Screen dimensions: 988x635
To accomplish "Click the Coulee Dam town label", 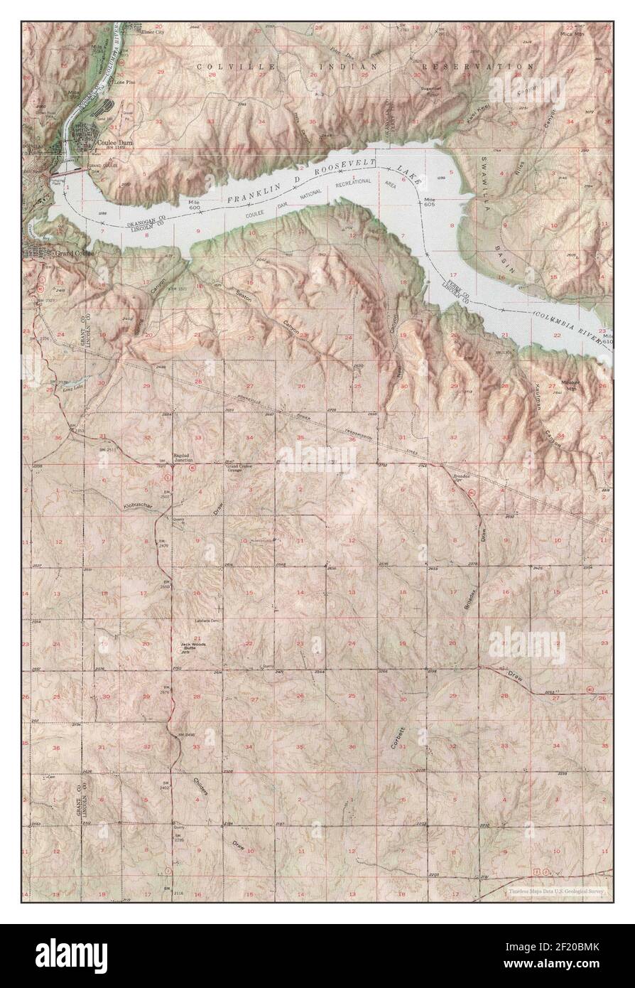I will click(114, 141).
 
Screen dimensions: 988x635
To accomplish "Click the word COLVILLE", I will click(225, 65).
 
